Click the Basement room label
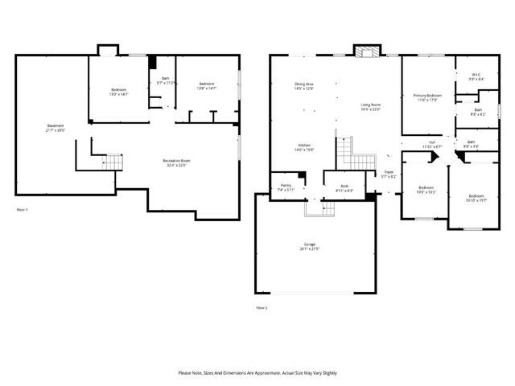56,128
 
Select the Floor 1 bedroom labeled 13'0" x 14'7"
118,91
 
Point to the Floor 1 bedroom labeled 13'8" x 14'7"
207,86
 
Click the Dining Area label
304,86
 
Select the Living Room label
370,107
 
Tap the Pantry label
286,187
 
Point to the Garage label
310,246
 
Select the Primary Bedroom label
425,98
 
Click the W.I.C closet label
476,77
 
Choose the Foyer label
388,174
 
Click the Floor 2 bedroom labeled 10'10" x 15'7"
476,198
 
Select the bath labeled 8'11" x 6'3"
344,188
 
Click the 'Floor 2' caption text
262,308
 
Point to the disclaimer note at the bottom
257,373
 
